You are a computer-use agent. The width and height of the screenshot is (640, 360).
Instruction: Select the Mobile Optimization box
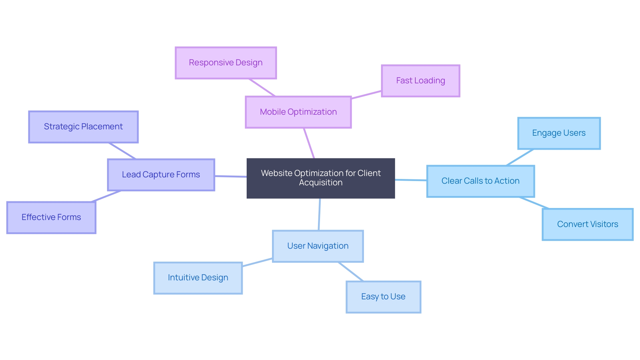[x=298, y=112]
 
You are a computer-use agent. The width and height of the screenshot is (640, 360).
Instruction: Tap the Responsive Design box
[x=226, y=63]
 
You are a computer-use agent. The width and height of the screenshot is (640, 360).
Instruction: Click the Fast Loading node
[x=420, y=81]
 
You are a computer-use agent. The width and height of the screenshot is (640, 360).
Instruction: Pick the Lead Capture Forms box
[x=161, y=175]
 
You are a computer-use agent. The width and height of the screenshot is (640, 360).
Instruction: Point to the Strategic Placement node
[x=83, y=127]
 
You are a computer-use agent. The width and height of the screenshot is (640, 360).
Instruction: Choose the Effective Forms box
[x=51, y=217]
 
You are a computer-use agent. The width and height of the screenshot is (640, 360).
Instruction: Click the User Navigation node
[x=318, y=246]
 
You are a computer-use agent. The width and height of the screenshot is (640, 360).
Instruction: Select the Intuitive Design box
[x=198, y=278]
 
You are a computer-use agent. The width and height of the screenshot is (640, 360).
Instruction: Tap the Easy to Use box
[x=383, y=297]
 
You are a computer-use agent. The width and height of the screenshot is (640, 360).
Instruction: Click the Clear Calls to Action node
[x=480, y=181]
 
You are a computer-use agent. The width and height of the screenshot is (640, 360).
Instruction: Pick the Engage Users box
[x=559, y=133]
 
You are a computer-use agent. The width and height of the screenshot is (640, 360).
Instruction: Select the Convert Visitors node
[x=587, y=224]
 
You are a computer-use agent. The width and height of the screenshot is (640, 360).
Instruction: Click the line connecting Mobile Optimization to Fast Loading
[x=366, y=95]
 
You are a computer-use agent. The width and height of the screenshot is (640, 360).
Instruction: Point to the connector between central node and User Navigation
[x=319, y=214]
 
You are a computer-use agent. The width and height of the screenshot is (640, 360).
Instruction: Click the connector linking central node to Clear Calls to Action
[x=411, y=180]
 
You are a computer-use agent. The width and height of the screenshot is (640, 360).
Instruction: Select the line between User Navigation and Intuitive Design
[x=257, y=262]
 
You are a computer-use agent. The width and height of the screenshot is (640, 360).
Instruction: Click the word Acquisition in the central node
[x=321, y=183]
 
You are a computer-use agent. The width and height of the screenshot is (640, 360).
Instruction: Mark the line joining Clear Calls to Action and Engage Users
[x=520, y=157]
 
